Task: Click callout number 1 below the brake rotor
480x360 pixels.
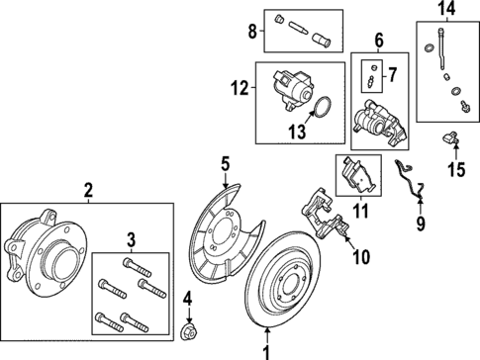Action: (264, 350)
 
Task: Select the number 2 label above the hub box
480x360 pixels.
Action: (88, 188)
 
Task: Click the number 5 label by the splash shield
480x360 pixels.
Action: (226, 164)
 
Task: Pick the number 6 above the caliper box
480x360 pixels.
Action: (377, 42)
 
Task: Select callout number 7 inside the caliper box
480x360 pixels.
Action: (392, 72)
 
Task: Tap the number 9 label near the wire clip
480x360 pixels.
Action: (420, 225)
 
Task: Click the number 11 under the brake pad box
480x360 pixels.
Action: (358, 210)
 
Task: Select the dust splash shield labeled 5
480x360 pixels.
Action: (227, 236)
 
